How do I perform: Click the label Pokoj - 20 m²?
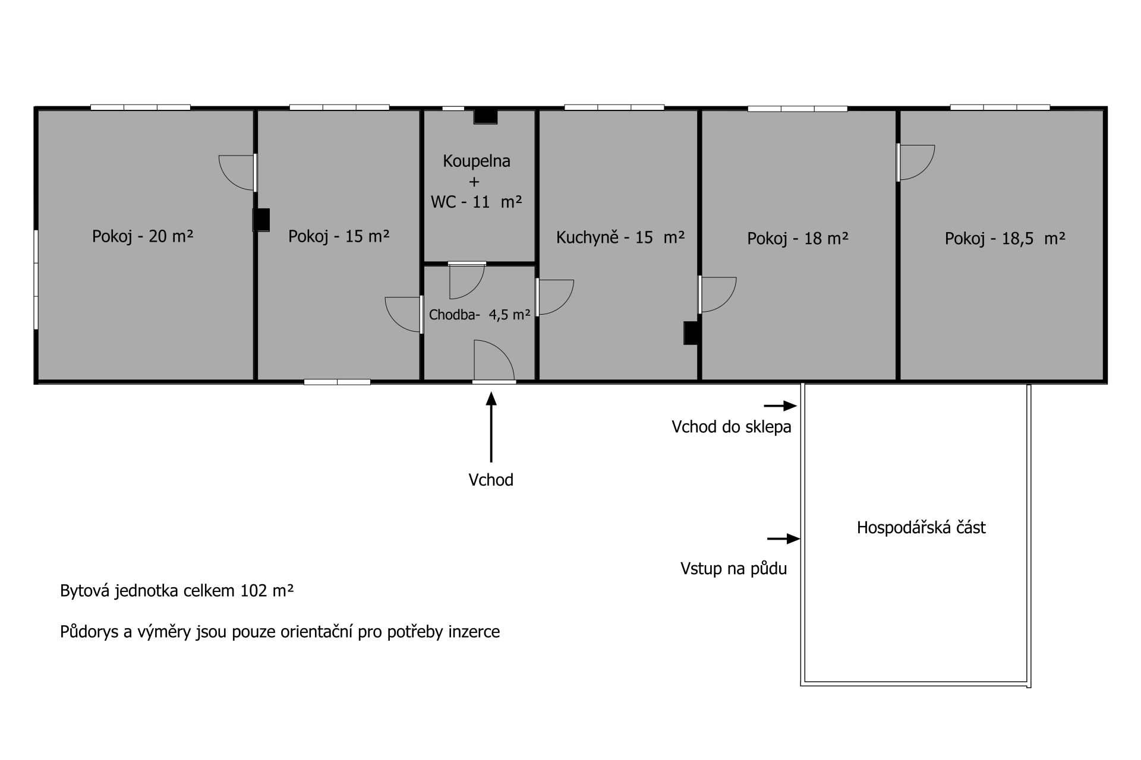click(143, 236)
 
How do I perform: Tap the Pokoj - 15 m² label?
click(339, 236)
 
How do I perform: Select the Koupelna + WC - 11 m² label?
click(477, 181)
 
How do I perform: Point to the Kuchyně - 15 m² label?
click(620, 237)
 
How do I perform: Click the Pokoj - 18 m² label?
click(798, 238)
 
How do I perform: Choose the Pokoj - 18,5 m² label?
click(1004, 238)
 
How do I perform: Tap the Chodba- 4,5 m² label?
click(479, 315)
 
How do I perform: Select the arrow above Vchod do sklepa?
click(780, 406)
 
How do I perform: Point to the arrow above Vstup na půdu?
click(783, 539)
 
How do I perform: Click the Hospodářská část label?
click(921, 527)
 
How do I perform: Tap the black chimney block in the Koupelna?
click(485, 117)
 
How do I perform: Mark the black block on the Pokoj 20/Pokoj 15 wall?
click(261, 220)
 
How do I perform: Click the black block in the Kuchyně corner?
click(691, 332)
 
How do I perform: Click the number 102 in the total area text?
click(253, 591)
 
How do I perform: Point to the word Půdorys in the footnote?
click(89, 632)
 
